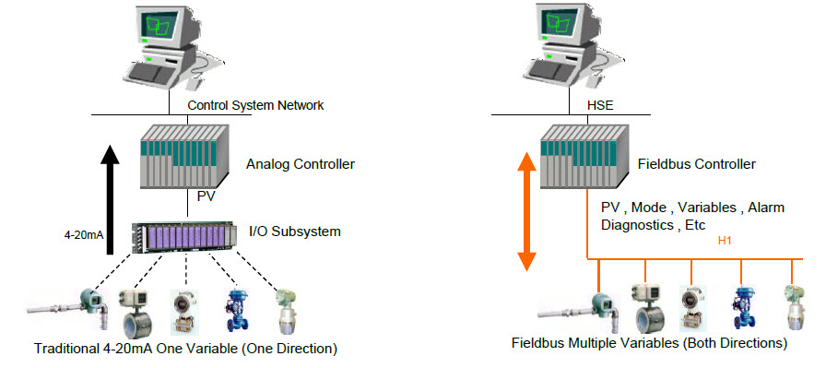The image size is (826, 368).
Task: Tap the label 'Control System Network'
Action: pyautogui.click(x=255, y=105)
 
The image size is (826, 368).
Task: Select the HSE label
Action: pyautogui.click(x=600, y=105)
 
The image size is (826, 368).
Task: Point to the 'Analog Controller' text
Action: pyautogui.click(x=301, y=165)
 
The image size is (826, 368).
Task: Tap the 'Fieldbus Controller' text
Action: pyautogui.click(x=697, y=164)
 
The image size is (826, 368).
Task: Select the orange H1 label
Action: pyautogui.click(x=724, y=242)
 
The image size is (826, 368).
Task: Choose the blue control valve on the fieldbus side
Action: pyautogui.click(x=741, y=303)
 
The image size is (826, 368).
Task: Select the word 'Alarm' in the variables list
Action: pyautogui.click(x=766, y=208)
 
